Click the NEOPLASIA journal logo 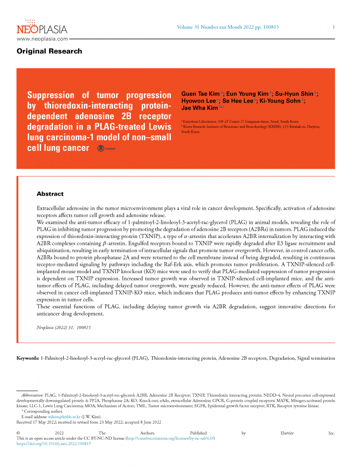coord(42,28)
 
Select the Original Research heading coord(49,51)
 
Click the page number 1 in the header coord(334,27)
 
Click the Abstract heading coord(50,194)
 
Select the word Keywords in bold coord(28,358)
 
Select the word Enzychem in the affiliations coord(193,122)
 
